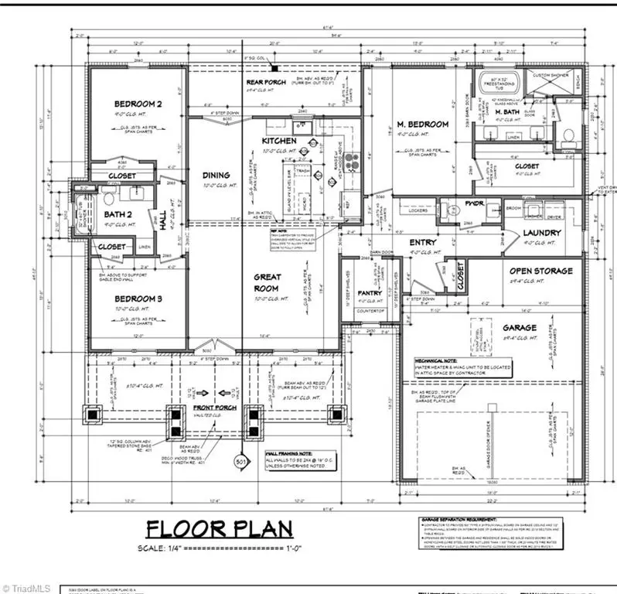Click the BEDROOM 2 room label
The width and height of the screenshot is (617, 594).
(x=138, y=104)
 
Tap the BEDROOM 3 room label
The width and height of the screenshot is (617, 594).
(x=138, y=299)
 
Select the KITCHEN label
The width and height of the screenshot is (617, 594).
(x=278, y=142)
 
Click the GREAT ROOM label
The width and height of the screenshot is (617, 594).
(x=268, y=282)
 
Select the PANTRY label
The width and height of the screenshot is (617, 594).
(x=370, y=293)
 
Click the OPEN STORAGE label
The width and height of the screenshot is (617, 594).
(x=540, y=271)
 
